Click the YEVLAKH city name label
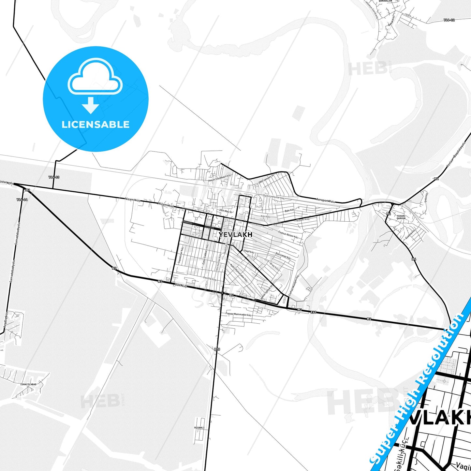click(x=236, y=235)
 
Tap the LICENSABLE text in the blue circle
click(x=96, y=125)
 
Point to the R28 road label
click(x=217, y=349)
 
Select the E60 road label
click(x=313, y=312)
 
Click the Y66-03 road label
click(x=54, y=177)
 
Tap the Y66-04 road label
click(x=22, y=199)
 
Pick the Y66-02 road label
click(x=449, y=20)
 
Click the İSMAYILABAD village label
click(x=28, y=384)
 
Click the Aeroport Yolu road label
click(x=325, y=200)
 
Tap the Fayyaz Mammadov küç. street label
click(x=239, y=315)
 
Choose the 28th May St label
click(x=226, y=211)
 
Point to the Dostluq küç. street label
click(x=210, y=279)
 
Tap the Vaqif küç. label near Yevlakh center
click(x=249, y=252)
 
